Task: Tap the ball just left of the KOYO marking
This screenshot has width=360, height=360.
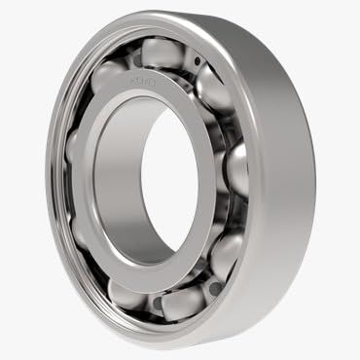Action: pyautogui.click(x=109, y=78)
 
